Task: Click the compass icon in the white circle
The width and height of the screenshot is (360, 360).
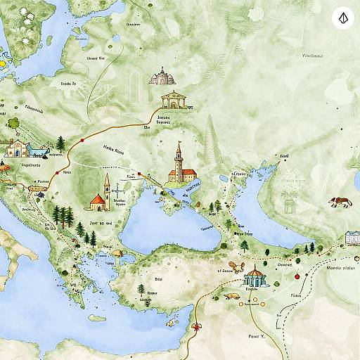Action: [x=342, y=18]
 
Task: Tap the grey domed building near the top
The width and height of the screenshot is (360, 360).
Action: [x=161, y=76]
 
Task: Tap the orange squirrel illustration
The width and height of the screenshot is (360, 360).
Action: [x=237, y=267]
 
